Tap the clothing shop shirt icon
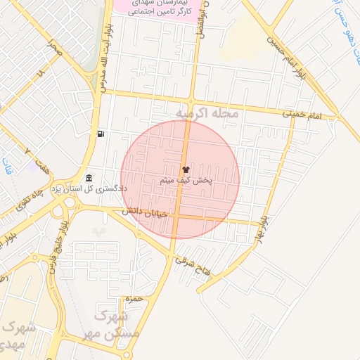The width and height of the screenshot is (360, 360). (x=186, y=169)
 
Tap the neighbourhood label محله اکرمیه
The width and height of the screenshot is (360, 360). (x=207, y=113)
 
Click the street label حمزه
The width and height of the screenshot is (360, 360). (x=133, y=300)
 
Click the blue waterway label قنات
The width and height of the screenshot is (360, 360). (x=7, y=167)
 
